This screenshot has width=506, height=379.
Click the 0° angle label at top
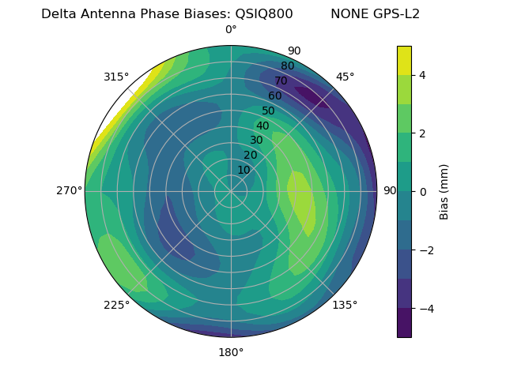coord(231,30)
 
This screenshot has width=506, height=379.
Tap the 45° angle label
coord(346,77)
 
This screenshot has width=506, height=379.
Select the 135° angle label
coord(345,305)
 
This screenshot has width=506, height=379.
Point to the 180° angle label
coord(231,352)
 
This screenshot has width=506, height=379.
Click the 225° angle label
coord(116,306)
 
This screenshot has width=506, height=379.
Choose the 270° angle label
coord(70,191)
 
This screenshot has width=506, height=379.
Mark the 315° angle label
coord(116,77)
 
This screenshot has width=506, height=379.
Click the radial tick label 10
coord(244,170)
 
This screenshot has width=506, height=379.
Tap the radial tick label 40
coord(262,126)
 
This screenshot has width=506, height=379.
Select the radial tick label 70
coord(281,81)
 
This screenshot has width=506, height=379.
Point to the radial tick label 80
coord(287,66)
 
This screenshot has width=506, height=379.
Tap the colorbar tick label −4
coord(424,309)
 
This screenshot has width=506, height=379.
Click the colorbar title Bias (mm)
coord(444,191)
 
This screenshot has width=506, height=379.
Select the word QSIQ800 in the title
coord(264,14)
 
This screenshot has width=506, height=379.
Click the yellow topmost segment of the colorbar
coord(404,60)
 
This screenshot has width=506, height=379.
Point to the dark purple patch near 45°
coord(313,97)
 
